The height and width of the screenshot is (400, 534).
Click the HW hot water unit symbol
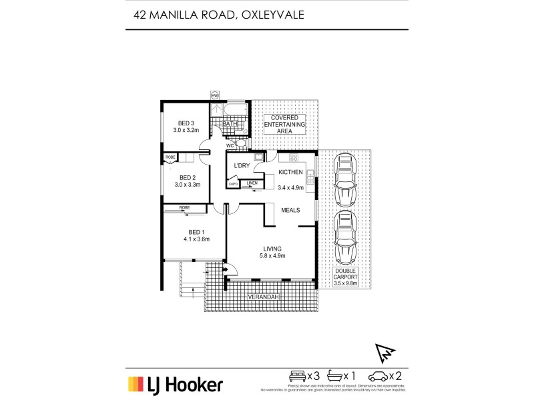215,95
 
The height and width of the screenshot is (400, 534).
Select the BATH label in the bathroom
230,123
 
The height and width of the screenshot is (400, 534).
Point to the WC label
229,145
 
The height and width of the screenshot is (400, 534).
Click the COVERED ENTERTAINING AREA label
285,124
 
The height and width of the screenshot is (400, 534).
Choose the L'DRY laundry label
240,165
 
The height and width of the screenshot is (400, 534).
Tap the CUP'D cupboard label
233,183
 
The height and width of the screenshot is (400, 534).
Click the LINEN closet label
252,183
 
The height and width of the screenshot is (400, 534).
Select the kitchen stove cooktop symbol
292,159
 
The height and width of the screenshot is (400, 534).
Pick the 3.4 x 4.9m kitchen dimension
290,188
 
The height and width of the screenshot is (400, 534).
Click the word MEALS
290,210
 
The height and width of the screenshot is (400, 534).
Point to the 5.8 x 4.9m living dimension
272,255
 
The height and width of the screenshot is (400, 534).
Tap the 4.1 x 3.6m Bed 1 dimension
196,239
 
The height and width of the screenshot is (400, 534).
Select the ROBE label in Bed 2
170,157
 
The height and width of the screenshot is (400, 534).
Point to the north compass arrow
386,351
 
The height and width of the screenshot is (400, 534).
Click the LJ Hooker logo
175,384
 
